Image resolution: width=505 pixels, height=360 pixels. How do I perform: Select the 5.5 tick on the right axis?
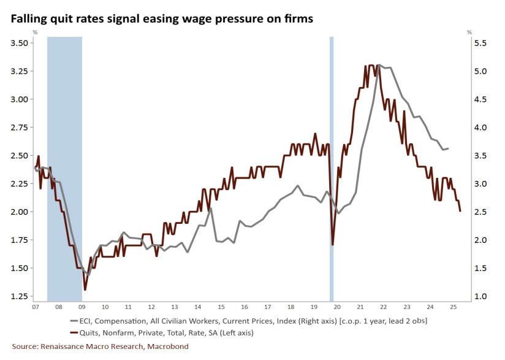tap(480, 43)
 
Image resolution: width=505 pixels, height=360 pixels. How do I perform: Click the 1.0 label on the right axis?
tap(480, 297)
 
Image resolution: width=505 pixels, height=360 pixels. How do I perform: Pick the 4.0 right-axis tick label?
tap(480, 128)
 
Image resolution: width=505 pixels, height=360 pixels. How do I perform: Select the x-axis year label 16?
tap(244, 307)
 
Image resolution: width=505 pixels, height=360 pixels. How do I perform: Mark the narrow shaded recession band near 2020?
tap(332, 166)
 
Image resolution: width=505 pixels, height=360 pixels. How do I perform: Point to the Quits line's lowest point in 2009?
tap(85, 289)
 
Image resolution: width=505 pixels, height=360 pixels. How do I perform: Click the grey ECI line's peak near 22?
tap(379, 65)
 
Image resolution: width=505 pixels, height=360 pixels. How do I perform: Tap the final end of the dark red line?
tap(460, 211)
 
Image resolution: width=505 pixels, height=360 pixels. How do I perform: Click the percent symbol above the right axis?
tap(469, 31)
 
